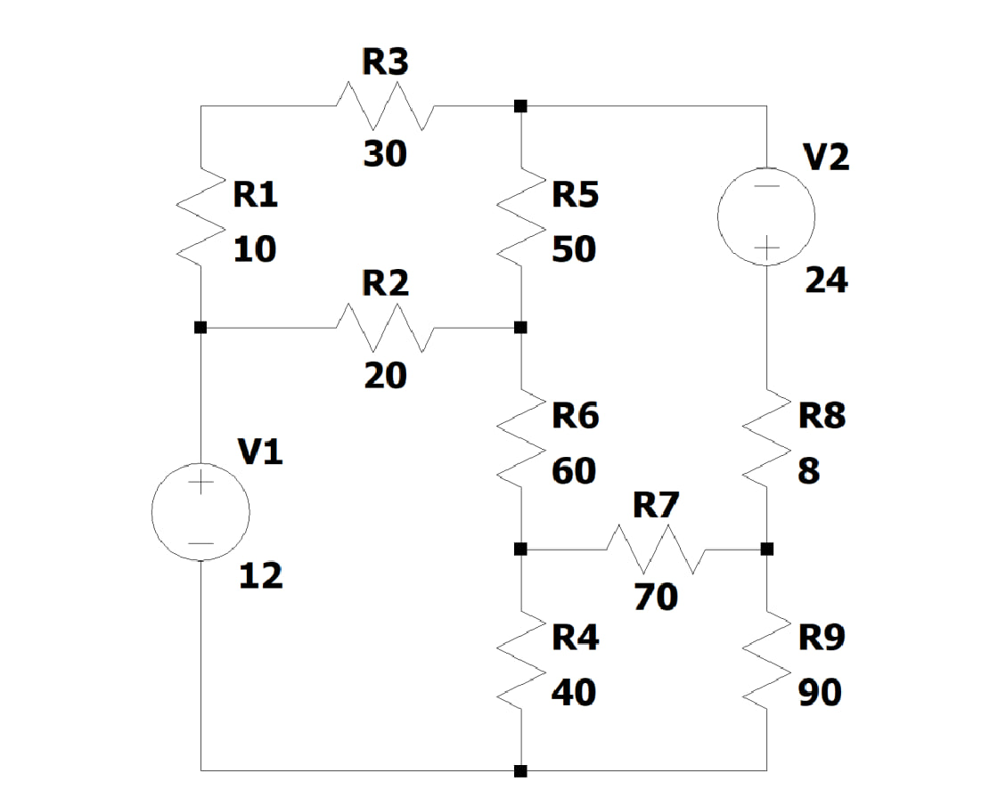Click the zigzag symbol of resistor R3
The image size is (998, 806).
pyautogui.click(x=385, y=106)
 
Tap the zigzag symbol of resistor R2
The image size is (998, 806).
pyautogui.click(x=385, y=328)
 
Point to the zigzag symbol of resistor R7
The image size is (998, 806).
pyautogui.click(x=657, y=550)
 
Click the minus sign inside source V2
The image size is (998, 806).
pyautogui.click(x=767, y=186)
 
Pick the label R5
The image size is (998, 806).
pyautogui.click(x=575, y=194)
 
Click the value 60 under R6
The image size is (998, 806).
pyautogui.click(x=573, y=471)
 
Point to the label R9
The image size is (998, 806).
pyautogui.click(x=821, y=638)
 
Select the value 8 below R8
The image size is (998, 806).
pyautogui.click(x=808, y=471)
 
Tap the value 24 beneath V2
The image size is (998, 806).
pyautogui.click(x=826, y=281)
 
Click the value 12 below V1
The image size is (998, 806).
pyautogui.click(x=260, y=577)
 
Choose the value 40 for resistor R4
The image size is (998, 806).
pyautogui.click(x=573, y=692)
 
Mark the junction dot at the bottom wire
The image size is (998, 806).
pyautogui.click(x=520, y=770)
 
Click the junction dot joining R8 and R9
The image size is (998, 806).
pyautogui.click(x=766, y=549)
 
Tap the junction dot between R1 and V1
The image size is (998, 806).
pyautogui.click(x=200, y=328)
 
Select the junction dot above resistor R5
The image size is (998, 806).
pyautogui.click(x=520, y=106)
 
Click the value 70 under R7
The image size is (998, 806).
pyautogui.click(x=656, y=597)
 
